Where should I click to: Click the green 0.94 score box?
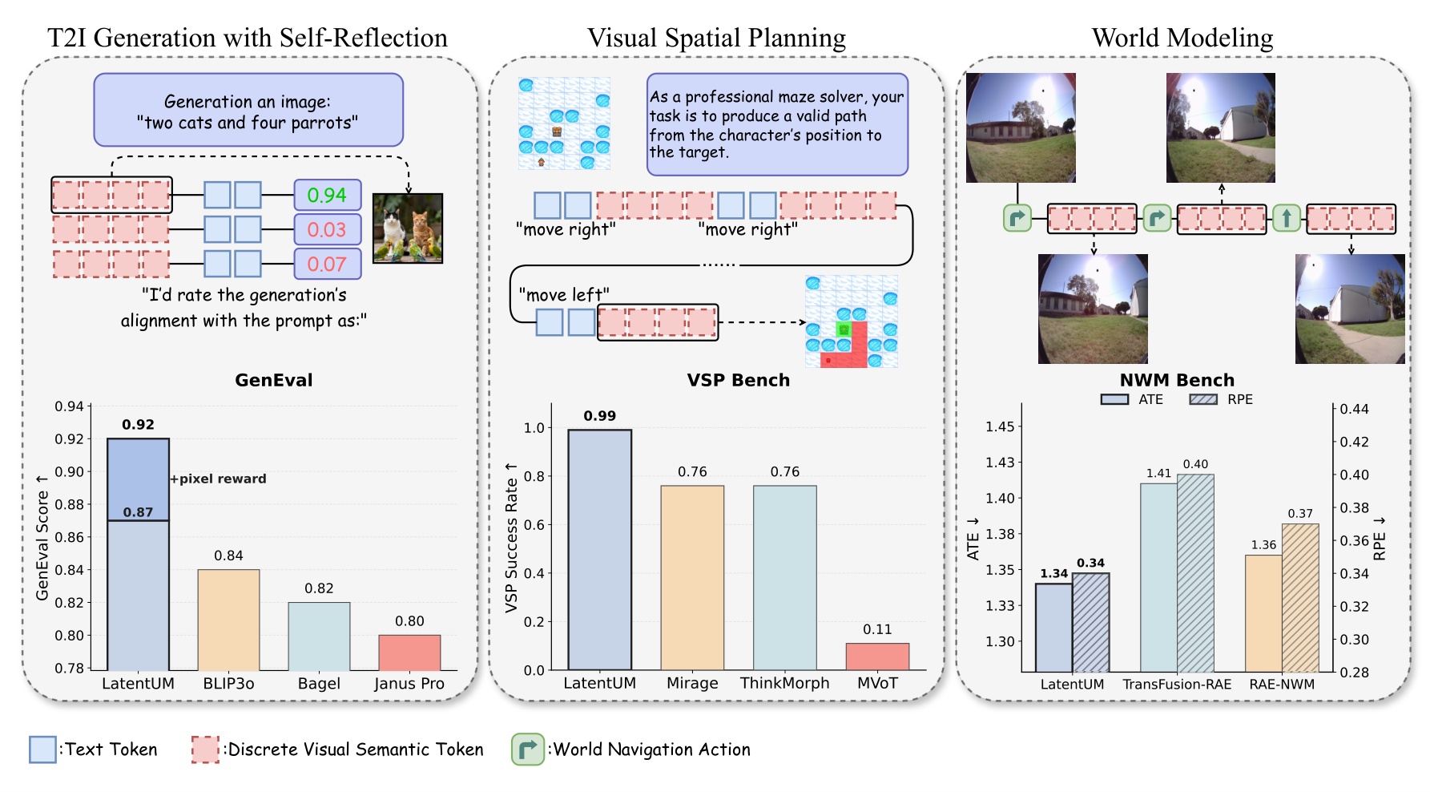coord(327,195)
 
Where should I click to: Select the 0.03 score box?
coord(327,230)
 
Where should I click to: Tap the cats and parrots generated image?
coord(408,228)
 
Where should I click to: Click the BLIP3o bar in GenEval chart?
coord(228,620)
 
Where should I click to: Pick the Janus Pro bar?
coord(409,653)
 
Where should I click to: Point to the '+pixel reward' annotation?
coord(219,479)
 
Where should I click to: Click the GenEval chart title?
coord(274,380)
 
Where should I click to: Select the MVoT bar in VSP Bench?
coord(877,657)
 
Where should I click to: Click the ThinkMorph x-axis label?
coord(784,683)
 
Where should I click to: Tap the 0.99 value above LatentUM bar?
coord(599,416)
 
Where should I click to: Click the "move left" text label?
coord(564,295)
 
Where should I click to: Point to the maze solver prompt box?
coord(777,124)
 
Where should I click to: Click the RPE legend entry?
coord(1221,399)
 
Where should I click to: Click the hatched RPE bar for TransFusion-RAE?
coord(1195,573)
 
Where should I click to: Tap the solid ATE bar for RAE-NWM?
coord(1263,613)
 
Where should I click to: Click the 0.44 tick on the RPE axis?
coord(1355,409)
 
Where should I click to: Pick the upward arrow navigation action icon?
coord(1287,218)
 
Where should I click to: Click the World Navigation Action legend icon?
coord(528,750)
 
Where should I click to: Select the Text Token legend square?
coord(42,750)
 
